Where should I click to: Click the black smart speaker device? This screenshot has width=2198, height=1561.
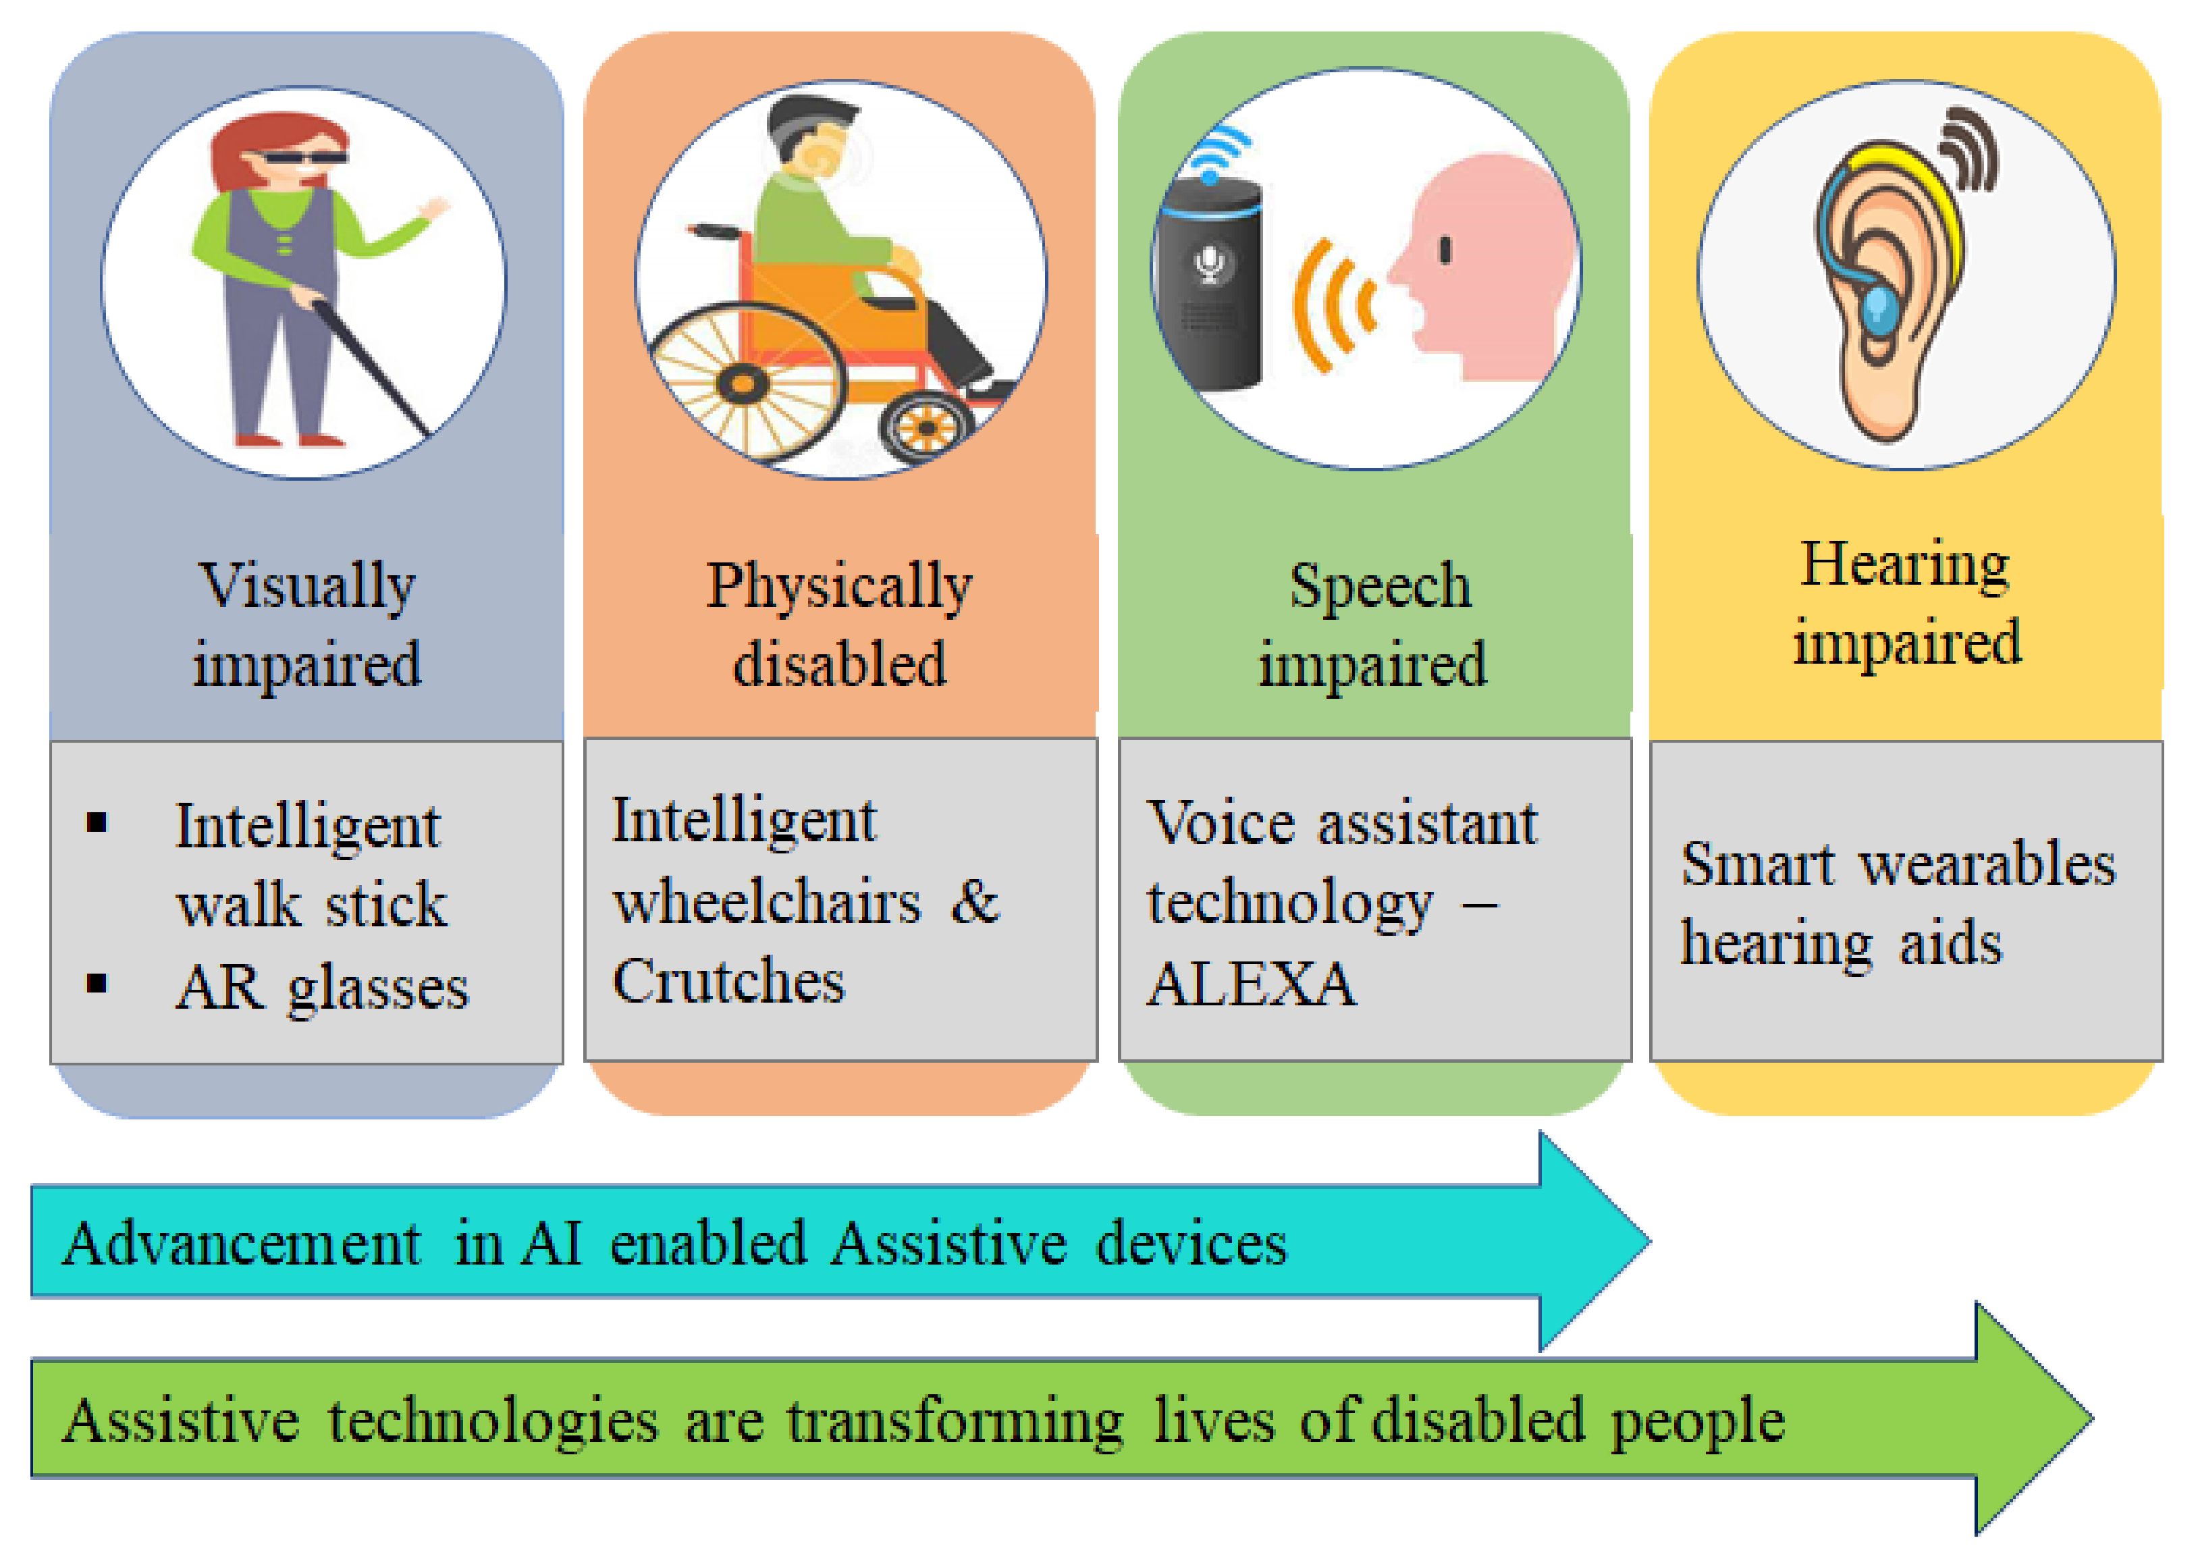tap(1209, 283)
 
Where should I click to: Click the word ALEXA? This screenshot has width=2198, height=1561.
tap(1252, 984)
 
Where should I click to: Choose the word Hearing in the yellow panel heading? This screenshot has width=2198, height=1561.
tap(1905, 566)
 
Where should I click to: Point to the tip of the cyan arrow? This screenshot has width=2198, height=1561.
tap(1650, 1241)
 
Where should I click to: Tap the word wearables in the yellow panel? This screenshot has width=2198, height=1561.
tap(1989, 864)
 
